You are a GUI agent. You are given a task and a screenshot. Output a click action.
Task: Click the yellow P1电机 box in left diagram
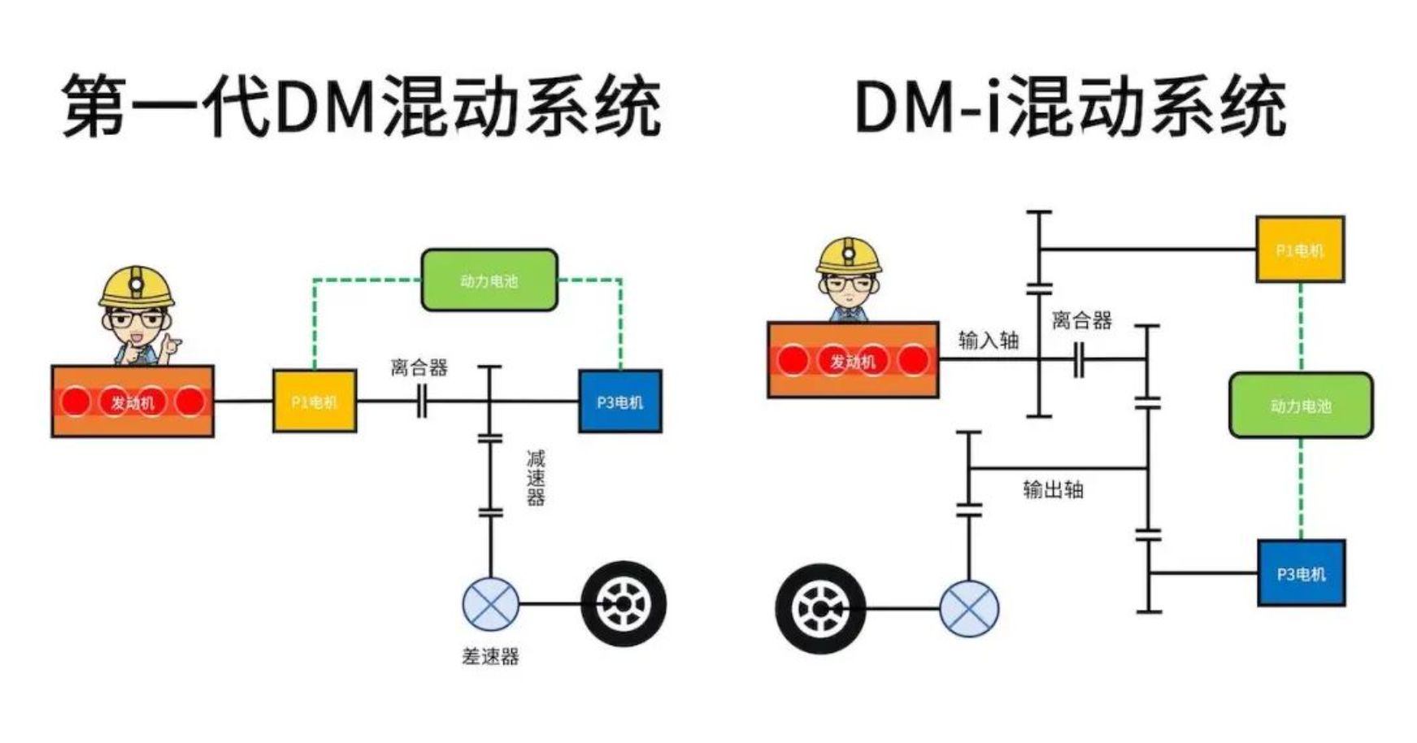tap(314, 401)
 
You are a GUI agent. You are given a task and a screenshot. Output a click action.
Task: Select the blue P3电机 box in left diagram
tap(619, 401)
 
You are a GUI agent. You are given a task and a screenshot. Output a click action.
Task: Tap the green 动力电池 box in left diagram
tap(489, 280)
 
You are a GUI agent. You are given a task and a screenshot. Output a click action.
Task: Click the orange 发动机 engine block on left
tap(133, 402)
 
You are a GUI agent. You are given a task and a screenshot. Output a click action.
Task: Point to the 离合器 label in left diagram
tap(419, 368)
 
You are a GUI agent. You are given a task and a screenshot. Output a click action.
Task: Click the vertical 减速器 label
tap(535, 477)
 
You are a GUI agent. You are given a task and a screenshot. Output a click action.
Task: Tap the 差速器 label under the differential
tap(490, 656)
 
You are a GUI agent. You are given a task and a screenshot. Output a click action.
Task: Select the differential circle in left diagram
tap(490, 604)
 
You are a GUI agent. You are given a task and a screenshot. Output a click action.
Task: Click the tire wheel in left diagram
tap(624, 604)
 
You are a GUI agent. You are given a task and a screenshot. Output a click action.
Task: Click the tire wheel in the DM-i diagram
tap(820, 608)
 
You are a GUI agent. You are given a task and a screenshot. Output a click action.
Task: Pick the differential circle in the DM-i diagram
tap(969, 608)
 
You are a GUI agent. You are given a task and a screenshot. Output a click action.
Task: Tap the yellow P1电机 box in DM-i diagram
tap(1299, 250)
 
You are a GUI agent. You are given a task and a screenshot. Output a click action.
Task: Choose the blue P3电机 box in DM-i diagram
tap(1301, 573)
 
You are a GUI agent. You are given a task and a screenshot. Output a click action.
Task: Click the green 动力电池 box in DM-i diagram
tap(1301, 406)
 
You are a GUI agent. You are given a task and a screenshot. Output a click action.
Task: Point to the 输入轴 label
tap(988, 341)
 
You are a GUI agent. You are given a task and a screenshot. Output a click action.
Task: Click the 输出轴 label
tap(1053, 489)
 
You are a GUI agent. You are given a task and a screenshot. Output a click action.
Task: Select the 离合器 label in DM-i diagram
tap(1081, 320)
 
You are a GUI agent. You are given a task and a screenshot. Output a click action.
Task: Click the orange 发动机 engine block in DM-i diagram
tap(853, 360)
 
